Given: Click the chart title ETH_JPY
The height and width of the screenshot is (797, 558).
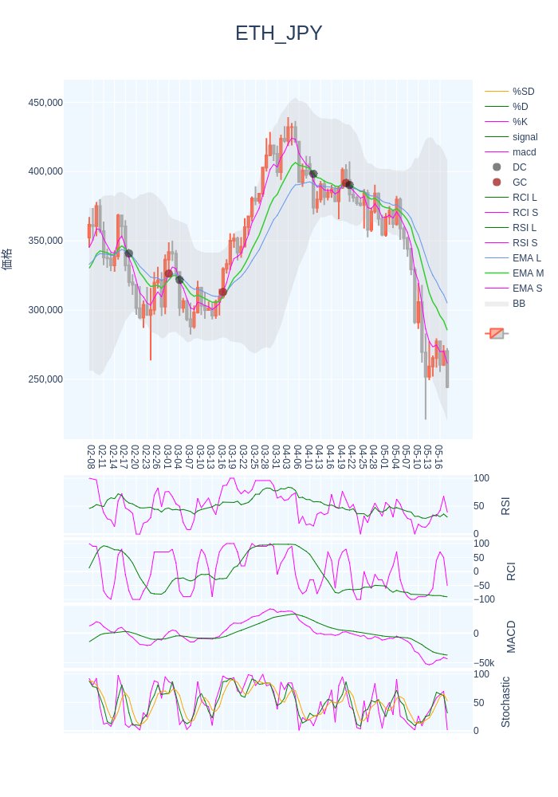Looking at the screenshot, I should (279, 33).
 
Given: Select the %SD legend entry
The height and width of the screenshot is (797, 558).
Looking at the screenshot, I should (523, 92).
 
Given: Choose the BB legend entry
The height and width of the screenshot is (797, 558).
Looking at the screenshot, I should (518, 304).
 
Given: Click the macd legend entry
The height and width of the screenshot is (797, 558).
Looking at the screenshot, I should (524, 152).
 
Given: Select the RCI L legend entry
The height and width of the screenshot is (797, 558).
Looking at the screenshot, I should (525, 198).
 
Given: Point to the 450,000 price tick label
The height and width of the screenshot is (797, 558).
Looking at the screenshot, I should (45, 103).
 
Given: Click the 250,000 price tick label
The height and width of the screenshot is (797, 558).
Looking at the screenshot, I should (45, 379).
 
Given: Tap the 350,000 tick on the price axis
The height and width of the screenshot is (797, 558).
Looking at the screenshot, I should (45, 241).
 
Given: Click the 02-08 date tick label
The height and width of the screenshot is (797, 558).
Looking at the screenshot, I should (91, 457).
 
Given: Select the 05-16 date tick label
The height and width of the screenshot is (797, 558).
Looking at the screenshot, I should (438, 457).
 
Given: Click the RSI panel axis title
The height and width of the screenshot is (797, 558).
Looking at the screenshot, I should (505, 505).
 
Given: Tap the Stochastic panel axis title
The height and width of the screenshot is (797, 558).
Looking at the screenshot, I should (505, 701).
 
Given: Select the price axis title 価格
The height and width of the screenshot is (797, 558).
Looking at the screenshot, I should (8, 259).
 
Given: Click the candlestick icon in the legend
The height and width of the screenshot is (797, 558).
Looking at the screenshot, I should (497, 333).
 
